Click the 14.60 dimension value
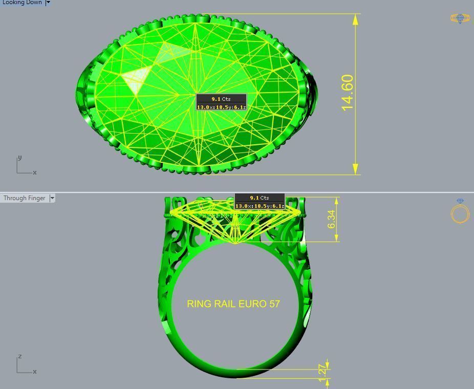pyautogui.click(x=347, y=93)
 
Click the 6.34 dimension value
pyautogui.click(x=332, y=219)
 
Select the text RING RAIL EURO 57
pyautogui.click(x=233, y=304)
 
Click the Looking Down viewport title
pyautogui.click(x=22, y=3)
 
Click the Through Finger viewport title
pyautogui.click(x=24, y=198)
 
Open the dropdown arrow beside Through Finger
pyautogui.click(x=52, y=198)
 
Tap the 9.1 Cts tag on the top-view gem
pyautogui.click(x=221, y=99)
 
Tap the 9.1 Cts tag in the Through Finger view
pyautogui.click(x=260, y=198)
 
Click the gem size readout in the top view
pyautogui.click(x=221, y=107)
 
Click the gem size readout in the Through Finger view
pyautogui.click(x=260, y=206)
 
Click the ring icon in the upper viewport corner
pyautogui.click(x=460, y=18)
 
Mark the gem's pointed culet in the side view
pyautogui.click(x=235, y=243)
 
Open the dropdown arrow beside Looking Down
pyautogui.click(x=48, y=3)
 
